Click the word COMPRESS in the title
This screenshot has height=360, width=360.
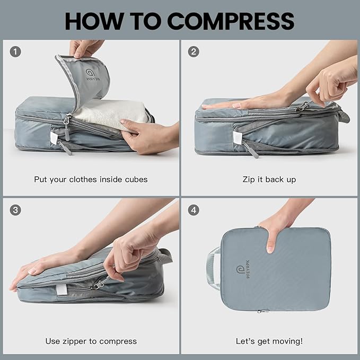[x=231, y=21]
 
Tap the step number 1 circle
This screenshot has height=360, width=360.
[x=16, y=52]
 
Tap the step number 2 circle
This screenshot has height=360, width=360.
[x=194, y=52]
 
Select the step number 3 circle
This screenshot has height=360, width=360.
[x=16, y=210]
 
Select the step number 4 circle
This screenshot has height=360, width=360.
[x=194, y=210]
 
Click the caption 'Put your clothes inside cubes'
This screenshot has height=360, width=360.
[x=91, y=179]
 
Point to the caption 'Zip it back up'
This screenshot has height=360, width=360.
[x=269, y=179]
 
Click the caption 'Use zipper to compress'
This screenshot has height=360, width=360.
[x=91, y=341]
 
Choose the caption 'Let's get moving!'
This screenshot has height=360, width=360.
[x=269, y=341]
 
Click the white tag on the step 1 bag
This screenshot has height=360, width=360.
[x=54, y=138]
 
